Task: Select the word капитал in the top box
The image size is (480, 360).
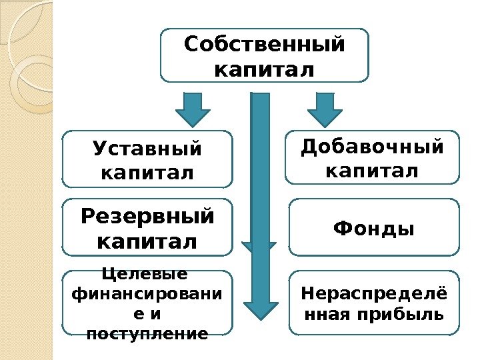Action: [x=265, y=69]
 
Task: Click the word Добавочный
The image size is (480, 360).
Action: [x=372, y=147]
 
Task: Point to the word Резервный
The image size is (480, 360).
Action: [x=147, y=217]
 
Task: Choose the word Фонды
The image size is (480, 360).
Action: [x=373, y=229]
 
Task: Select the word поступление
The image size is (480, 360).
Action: [x=147, y=333]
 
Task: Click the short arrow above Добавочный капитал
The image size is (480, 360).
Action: [x=325, y=109]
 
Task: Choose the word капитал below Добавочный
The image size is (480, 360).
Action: [x=372, y=171]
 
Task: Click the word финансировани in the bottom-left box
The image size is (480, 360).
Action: [x=147, y=293]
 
